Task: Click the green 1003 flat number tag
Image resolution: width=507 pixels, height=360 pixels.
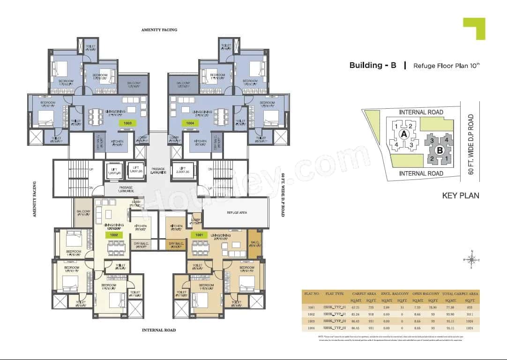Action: [127, 123]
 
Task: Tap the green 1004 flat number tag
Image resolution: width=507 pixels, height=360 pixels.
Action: [189, 123]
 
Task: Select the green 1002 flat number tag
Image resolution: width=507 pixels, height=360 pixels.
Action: [113, 234]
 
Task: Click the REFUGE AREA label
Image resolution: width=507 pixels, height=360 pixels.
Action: [237, 213]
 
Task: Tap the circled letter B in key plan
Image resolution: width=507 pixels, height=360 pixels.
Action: [440, 150]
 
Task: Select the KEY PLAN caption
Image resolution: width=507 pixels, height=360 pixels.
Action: [460, 195]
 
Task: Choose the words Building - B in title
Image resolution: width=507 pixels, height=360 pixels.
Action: [373, 66]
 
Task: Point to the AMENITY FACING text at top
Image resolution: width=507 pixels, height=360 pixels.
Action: [159, 30]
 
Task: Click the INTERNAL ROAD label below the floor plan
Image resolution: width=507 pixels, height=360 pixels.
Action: [159, 330]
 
